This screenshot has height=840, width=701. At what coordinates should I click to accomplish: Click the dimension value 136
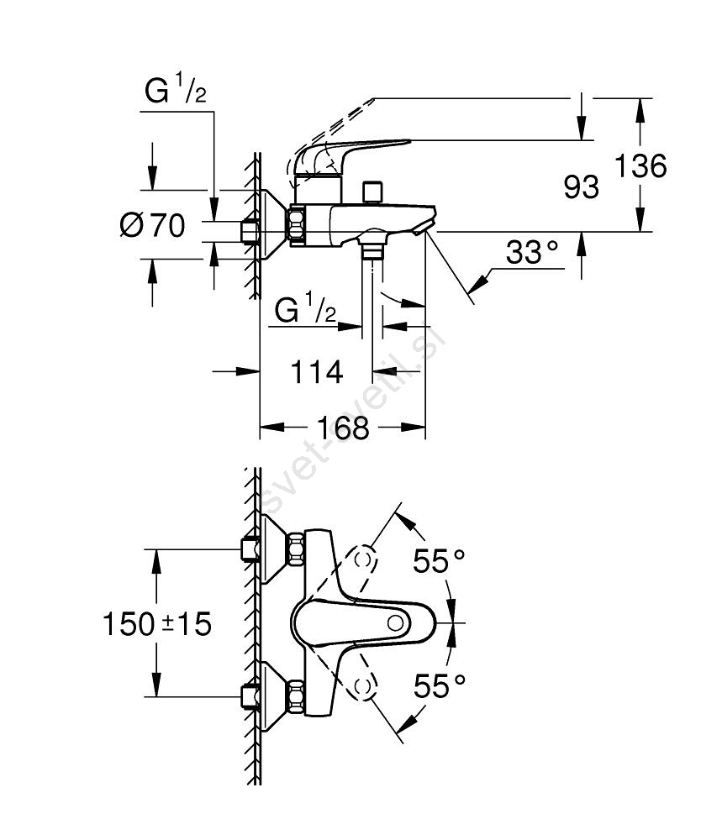(641, 167)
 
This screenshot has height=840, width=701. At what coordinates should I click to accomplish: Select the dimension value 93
(582, 187)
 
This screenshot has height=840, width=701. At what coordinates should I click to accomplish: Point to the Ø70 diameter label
(152, 226)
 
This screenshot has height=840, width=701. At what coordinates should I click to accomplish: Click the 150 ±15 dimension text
(156, 624)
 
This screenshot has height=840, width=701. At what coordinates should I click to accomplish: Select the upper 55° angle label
(439, 560)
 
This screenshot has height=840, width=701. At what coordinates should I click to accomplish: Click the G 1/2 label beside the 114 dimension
(306, 312)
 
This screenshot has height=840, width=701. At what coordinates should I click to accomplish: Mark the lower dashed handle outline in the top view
(363, 686)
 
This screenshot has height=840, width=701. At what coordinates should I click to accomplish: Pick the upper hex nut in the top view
(298, 549)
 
